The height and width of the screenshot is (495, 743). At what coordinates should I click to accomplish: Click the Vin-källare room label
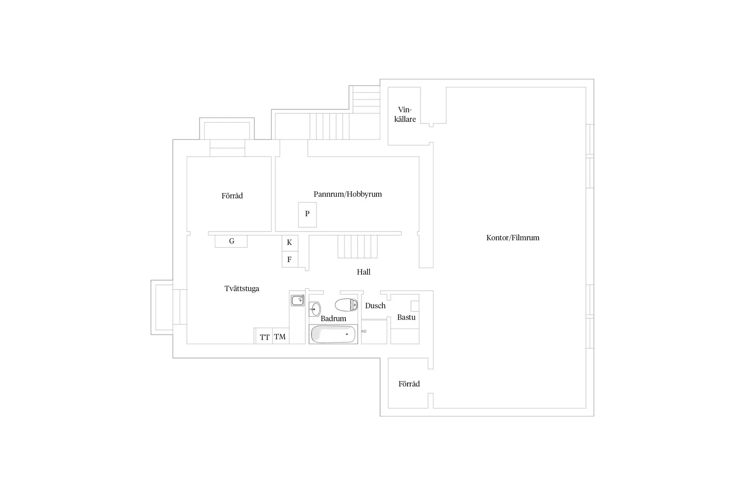(405, 114)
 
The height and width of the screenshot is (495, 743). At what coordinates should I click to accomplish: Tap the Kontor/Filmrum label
(512, 238)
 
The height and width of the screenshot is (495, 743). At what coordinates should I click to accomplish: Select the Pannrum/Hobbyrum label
(348, 194)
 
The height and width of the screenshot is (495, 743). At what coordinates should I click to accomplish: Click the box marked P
(308, 215)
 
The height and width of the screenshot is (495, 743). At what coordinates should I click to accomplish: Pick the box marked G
(231, 241)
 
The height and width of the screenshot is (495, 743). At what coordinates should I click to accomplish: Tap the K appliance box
(290, 243)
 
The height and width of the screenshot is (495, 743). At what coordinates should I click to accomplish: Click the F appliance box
(290, 260)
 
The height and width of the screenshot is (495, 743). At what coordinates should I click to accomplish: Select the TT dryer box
(264, 337)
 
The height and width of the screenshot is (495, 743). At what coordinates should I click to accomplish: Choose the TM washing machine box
(280, 337)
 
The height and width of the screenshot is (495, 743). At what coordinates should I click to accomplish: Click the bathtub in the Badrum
(333, 334)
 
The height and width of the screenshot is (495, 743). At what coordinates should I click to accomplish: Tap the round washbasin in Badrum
(315, 309)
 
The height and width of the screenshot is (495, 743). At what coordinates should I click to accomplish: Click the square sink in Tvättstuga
(298, 300)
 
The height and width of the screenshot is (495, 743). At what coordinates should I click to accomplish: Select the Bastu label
(406, 317)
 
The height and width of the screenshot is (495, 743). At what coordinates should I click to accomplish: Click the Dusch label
(375, 306)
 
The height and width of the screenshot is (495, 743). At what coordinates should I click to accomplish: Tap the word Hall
(363, 272)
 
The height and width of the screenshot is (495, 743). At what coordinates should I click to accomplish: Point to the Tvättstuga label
(242, 288)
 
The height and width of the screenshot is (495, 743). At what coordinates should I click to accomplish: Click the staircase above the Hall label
(358, 246)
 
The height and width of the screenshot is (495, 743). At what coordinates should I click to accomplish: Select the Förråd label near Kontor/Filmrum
(409, 384)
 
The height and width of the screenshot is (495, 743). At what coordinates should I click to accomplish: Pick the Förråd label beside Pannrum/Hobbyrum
(232, 196)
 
